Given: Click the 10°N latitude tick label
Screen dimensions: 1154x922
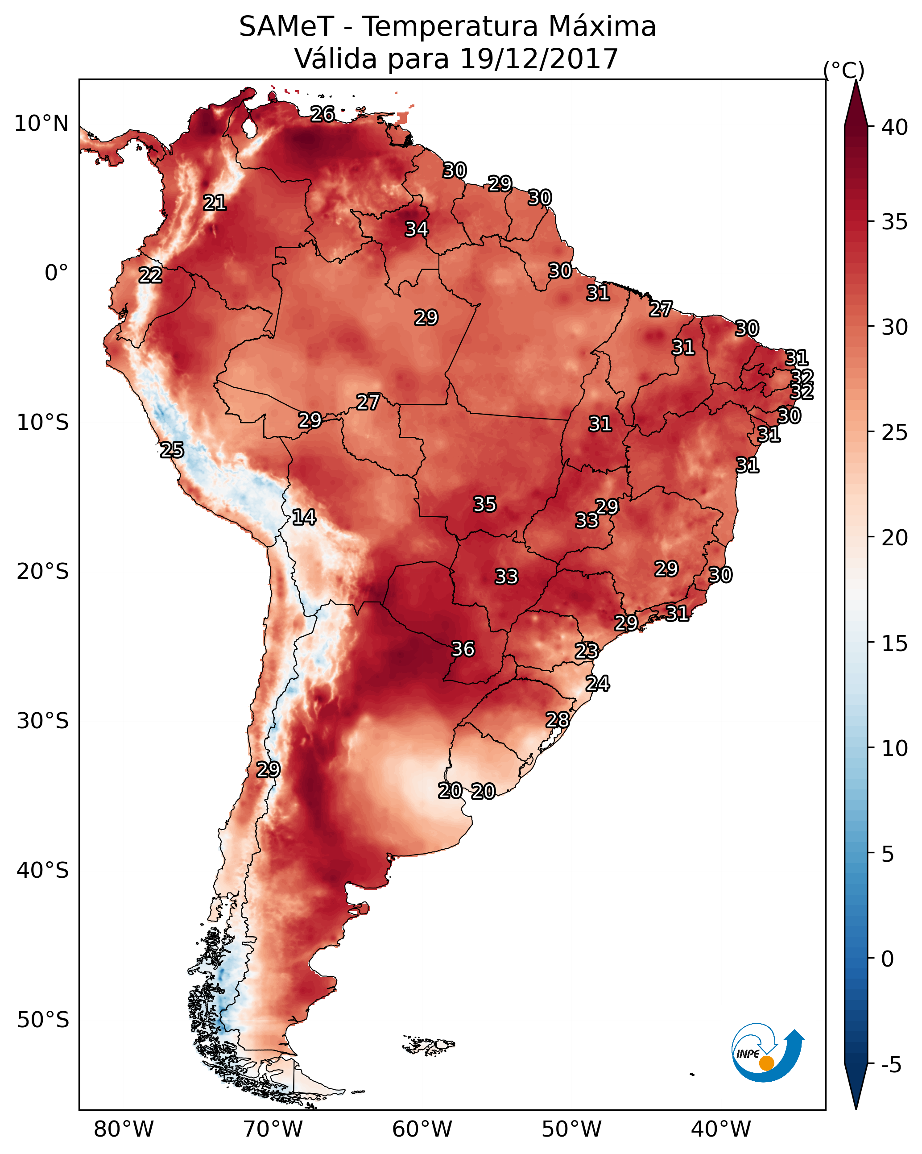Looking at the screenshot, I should [x=41, y=124].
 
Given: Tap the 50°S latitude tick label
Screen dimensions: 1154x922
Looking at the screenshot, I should [x=43, y=1020].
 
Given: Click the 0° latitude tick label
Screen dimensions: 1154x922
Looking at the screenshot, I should [x=56, y=273].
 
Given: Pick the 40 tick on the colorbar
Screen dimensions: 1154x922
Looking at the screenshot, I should [x=895, y=127].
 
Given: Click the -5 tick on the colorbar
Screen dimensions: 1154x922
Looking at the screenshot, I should [x=891, y=1065].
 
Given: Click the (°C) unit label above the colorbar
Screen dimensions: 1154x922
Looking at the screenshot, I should [x=844, y=70].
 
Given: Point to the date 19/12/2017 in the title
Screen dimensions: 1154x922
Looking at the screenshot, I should [x=539, y=59].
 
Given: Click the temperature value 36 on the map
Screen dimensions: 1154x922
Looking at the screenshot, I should [x=463, y=649].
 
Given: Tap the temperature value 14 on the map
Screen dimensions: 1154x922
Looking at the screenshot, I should [x=304, y=517].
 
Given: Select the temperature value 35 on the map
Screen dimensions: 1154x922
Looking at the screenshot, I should [x=485, y=504].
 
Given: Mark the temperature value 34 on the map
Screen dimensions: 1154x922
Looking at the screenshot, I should [x=416, y=229].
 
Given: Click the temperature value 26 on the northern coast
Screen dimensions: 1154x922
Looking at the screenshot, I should [x=322, y=114].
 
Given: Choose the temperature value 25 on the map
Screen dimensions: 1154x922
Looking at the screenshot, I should [x=172, y=450].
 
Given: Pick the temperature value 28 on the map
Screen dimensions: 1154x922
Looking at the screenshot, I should [x=557, y=720].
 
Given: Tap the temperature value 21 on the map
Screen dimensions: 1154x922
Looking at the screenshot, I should [x=215, y=203].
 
